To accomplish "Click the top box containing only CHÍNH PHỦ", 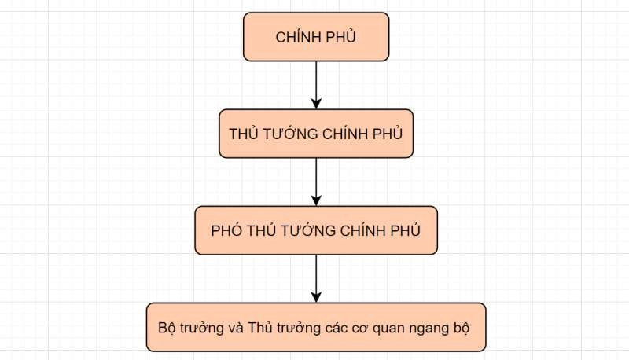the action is click(316, 37).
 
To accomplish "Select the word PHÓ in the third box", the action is click(226, 230).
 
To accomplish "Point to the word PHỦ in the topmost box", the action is click(340, 36).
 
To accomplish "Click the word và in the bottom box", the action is click(235, 328).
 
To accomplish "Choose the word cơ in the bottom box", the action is click(360, 329).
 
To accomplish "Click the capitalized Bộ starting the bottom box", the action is click(167, 328).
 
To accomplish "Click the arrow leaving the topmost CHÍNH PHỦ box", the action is click(316, 85).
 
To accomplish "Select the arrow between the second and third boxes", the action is click(316, 182).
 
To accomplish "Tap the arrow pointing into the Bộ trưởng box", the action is click(316, 278).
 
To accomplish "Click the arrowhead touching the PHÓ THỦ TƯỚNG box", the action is click(316, 201).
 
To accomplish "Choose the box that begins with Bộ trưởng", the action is click(316, 327).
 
